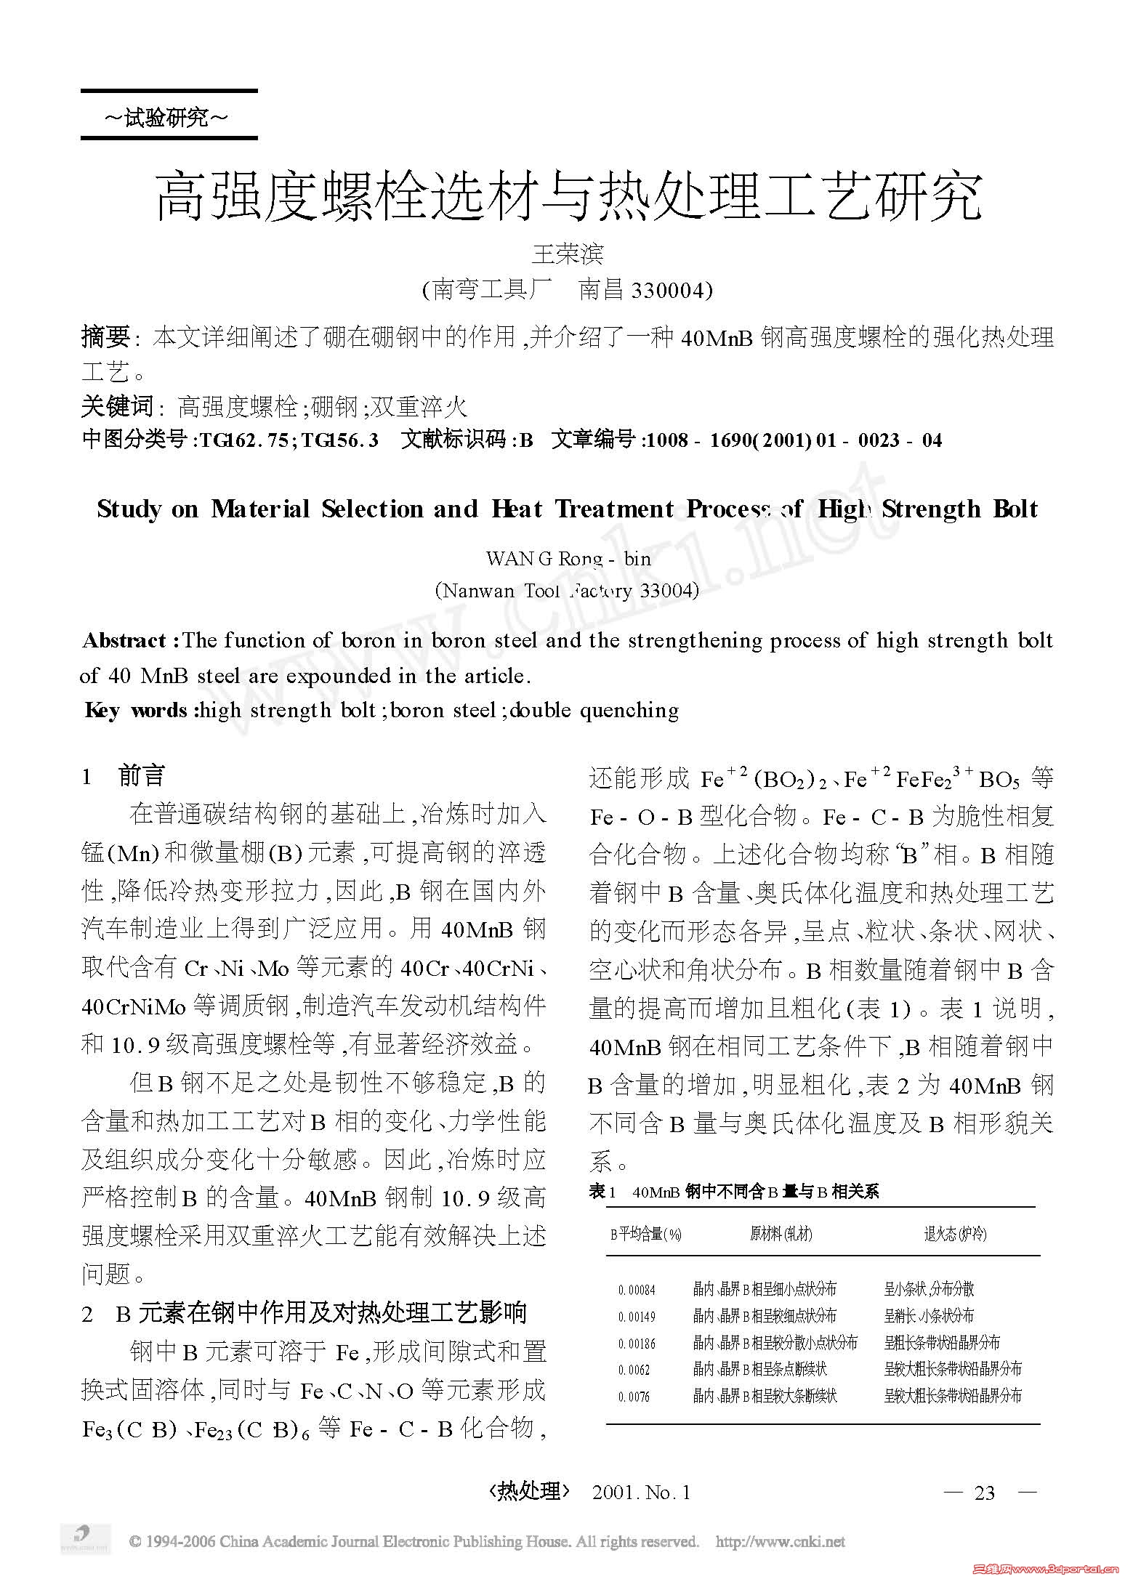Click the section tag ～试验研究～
click(168, 117)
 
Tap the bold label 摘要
click(105, 336)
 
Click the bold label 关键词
click(116, 406)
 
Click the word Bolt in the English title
click(1015, 509)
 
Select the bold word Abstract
click(124, 640)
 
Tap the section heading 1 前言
click(124, 776)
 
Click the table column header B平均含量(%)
click(646, 1233)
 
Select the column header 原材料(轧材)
click(782, 1233)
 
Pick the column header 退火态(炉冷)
click(955, 1233)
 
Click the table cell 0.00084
click(637, 1290)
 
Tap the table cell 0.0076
click(634, 1397)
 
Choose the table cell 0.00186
click(637, 1343)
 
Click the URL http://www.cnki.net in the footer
click(780, 1541)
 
